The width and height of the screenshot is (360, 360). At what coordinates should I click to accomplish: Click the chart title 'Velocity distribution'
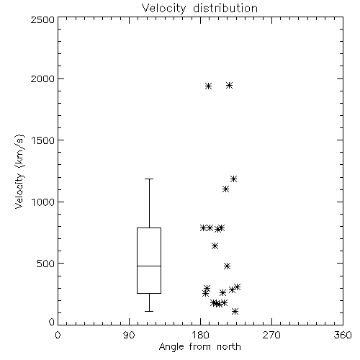coord(199,9)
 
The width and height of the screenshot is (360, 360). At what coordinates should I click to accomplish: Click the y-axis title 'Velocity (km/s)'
coord(19,171)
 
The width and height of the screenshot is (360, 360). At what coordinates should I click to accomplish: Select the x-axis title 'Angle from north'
coord(199,347)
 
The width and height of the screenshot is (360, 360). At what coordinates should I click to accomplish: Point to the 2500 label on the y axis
coord(43,19)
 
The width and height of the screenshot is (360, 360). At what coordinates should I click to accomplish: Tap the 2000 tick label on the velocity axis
coord(43,78)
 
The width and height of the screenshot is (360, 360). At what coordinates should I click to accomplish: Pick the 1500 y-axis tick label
coord(43,140)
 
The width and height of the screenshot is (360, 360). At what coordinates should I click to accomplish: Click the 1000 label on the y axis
coord(43,202)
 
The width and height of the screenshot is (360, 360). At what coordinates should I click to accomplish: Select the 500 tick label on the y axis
coord(46,264)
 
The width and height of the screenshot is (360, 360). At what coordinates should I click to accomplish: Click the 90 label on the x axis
coord(129,335)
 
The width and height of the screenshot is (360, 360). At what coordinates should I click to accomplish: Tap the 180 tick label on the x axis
coord(200,335)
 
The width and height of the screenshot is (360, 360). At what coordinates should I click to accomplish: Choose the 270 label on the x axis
coord(271,335)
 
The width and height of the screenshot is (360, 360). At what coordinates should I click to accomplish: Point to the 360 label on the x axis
coord(343,335)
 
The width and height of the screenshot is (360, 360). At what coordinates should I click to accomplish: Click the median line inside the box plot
coord(149,266)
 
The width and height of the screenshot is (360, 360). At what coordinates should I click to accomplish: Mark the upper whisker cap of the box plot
coord(149,179)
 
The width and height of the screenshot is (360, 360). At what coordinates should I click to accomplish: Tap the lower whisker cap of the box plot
coord(149,311)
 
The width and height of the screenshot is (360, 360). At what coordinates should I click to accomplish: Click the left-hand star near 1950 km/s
coord(209,86)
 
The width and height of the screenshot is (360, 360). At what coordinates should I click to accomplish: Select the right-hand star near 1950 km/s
coord(229,85)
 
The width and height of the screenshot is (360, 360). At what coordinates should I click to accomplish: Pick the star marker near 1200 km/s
coord(233,179)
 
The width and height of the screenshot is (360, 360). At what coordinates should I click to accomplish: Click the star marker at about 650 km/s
coord(215,246)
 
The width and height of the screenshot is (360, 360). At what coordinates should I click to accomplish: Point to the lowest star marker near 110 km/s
coord(235,311)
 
